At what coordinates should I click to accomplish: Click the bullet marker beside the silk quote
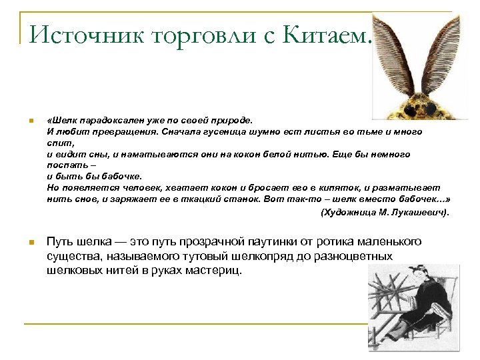[x=29, y=121]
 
